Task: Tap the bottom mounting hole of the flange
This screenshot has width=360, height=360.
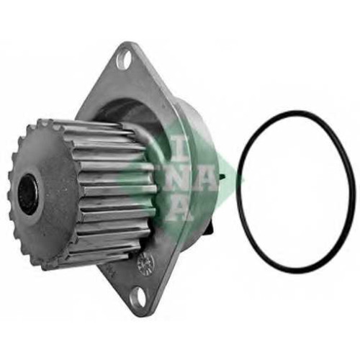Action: coord(136,299)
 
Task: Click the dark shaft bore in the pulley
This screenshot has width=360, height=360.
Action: coord(29,194)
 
